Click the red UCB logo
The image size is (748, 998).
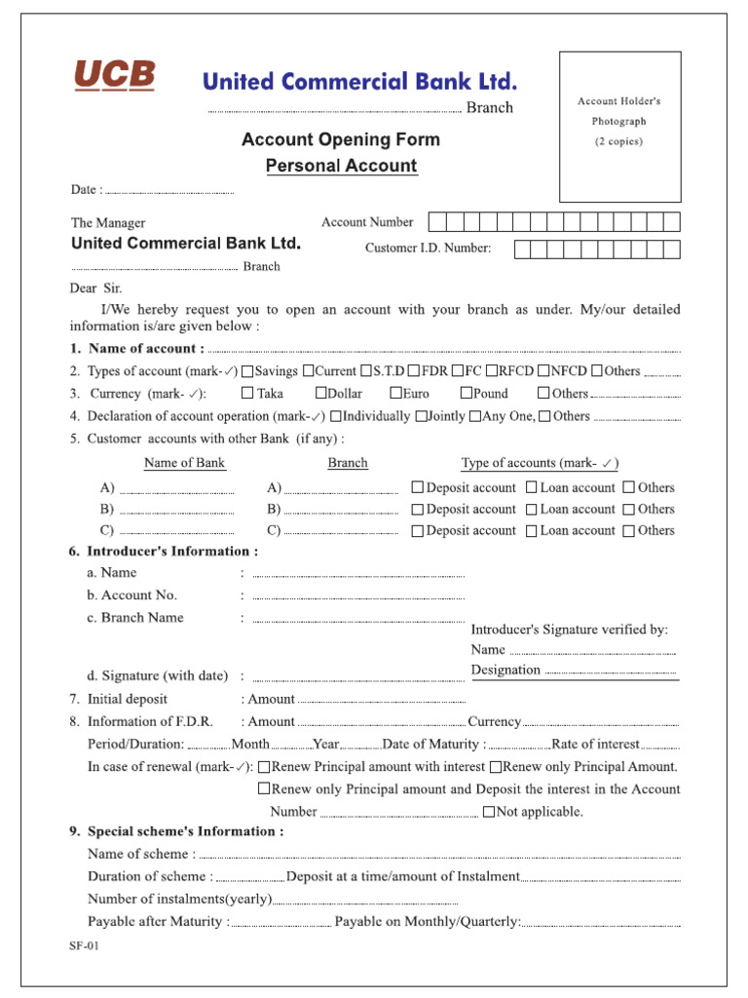(x=115, y=76)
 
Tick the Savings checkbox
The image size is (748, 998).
(x=247, y=371)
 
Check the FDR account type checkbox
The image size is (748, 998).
(x=414, y=371)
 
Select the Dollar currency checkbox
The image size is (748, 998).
(x=321, y=394)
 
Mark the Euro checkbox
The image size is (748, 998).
(x=396, y=394)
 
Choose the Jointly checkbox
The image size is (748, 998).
(x=421, y=416)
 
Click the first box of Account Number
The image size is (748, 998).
(x=437, y=222)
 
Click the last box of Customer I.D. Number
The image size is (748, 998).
(x=671, y=249)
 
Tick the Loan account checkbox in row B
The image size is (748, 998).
(x=532, y=510)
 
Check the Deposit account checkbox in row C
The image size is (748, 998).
(x=418, y=531)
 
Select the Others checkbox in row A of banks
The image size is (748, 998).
(x=629, y=488)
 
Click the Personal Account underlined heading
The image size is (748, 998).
(x=342, y=166)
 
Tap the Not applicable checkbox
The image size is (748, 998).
(x=489, y=812)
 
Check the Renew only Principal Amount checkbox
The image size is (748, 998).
(x=496, y=767)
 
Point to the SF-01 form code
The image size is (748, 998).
(x=84, y=945)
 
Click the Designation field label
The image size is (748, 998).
(x=505, y=670)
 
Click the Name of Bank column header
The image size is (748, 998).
(x=184, y=463)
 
